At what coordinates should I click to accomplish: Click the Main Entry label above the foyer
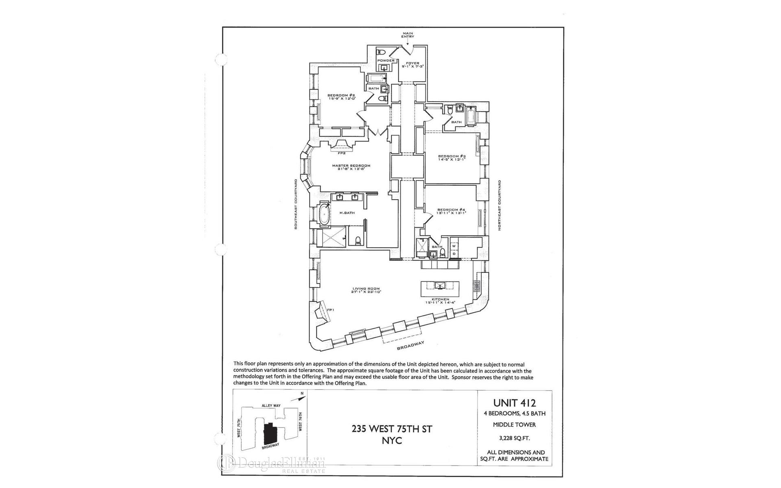click(x=408, y=35)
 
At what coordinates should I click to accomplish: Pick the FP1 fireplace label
click(x=330, y=310)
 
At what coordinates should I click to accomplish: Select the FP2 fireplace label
click(x=341, y=153)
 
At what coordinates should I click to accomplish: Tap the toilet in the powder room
click(x=381, y=52)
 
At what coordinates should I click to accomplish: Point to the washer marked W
click(x=454, y=246)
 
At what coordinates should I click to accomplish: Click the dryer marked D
click(x=454, y=254)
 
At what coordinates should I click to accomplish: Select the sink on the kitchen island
click(x=440, y=286)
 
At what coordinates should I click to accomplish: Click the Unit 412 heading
click(x=514, y=403)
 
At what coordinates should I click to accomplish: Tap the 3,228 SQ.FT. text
click(x=515, y=438)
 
